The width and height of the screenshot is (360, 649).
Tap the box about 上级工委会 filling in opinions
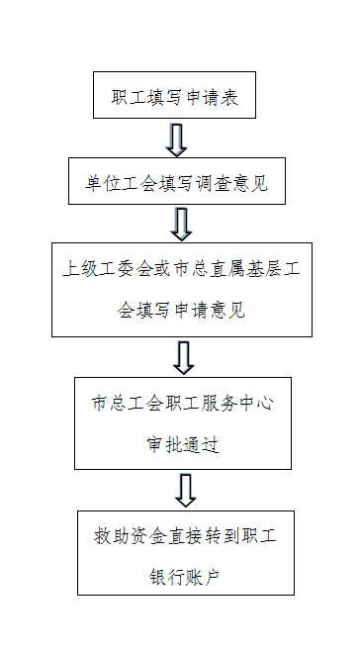coord(182,289)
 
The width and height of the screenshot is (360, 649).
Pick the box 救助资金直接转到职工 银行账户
coord(185,551)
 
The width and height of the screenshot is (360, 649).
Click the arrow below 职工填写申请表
coord(176,139)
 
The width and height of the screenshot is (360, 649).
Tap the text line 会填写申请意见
coord(181,312)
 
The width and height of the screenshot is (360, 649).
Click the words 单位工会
coord(112,183)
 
